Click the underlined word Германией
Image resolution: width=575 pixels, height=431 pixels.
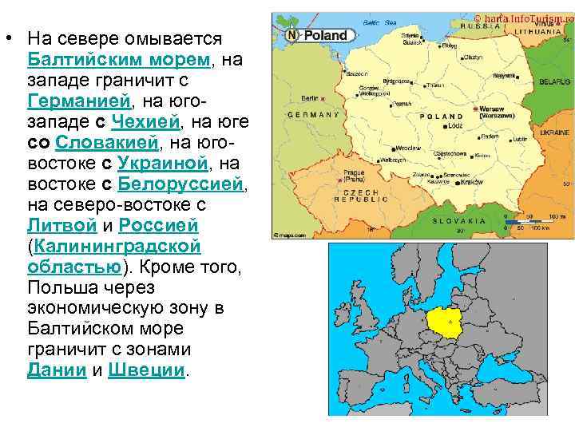(78, 101)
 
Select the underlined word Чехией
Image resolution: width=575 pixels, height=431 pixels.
(147, 122)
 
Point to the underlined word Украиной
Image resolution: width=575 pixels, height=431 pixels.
(162, 164)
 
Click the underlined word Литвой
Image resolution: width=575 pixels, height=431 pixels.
(61, 226)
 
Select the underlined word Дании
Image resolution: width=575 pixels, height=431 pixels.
(57, 370)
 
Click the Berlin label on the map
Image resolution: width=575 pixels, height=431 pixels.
(308, 98)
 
